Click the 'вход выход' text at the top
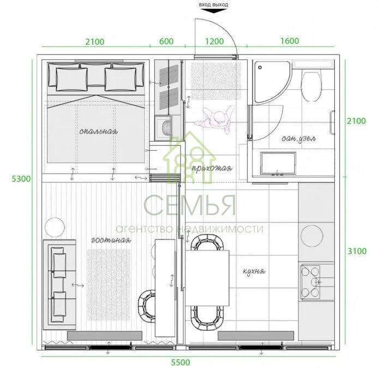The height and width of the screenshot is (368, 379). click(214, 5)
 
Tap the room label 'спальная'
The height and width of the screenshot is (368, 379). click(98, 131)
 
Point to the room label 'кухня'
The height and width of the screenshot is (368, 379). click(254, 271)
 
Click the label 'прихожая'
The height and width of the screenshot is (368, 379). click(216, 168)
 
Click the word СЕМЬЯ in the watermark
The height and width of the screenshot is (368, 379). click(190, 205)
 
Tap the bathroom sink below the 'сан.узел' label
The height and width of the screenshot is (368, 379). click(279, 163)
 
